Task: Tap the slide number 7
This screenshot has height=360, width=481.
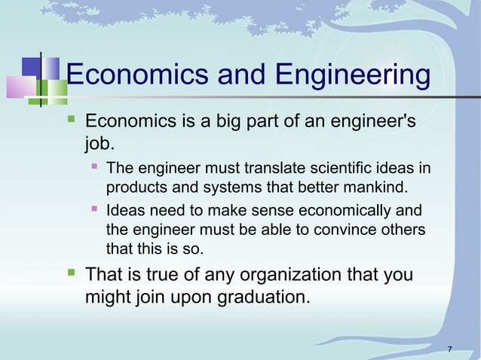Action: point(449,348)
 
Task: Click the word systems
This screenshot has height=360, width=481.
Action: point(220,185)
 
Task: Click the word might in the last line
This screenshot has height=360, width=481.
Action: point(108,296)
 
